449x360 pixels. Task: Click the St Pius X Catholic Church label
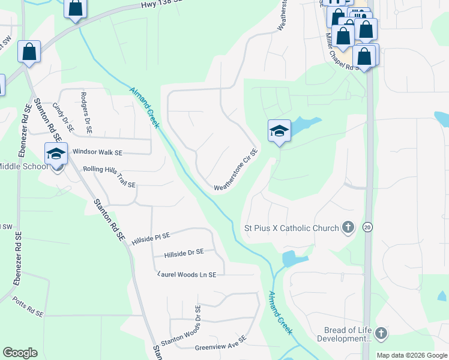click(291, 228)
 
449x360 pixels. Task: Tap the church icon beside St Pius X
click(347, 227)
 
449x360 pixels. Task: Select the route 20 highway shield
click(367, 227)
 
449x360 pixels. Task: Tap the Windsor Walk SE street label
click(97, 152)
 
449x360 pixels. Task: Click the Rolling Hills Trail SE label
click(109, 177)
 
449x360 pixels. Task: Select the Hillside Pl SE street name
click(151, 238)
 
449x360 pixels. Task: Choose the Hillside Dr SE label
click(184, 253)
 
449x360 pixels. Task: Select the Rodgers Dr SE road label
click(86, 111)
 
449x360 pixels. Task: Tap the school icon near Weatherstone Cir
click(279, 132)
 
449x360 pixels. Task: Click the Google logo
click(20, 353)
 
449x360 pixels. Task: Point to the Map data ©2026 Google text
click(412, 355)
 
